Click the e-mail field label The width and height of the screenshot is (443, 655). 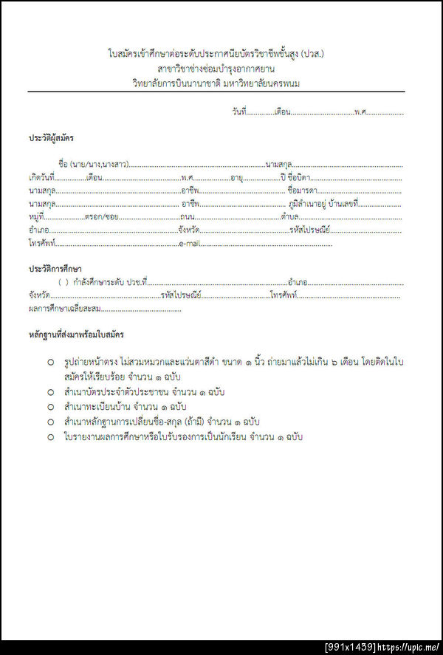point(190,243)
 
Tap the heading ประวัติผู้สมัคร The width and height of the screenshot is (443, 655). point(51,138)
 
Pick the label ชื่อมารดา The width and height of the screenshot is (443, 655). point(302,191)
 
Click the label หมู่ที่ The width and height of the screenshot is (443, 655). point(36,216)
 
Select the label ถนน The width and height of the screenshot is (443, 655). point(187,216)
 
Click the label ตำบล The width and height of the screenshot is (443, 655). point(289,216)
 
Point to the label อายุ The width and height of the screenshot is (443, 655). point(237,177)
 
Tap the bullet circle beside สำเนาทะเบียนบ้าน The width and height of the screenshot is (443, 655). point(51,407)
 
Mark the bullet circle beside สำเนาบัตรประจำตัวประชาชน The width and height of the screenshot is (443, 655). point(51,391)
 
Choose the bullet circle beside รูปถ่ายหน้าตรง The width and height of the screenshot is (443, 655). point(51,362)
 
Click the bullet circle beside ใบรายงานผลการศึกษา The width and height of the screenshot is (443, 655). point(51,436)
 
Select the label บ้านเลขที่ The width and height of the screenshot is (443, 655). point(343,203)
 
